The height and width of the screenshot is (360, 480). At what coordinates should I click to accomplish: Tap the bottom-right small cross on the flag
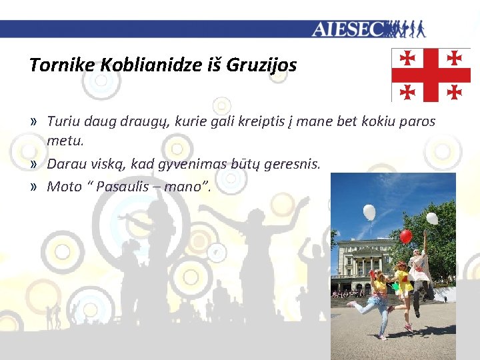tap(455, 91)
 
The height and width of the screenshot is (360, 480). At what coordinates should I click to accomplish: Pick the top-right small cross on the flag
tap(455, 58)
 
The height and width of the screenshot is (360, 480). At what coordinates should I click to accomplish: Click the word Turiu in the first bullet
tap(63, 121)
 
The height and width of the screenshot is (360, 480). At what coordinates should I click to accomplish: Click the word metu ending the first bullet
tap(63, 141)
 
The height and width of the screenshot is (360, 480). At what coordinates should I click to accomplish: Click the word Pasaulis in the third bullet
tap(127, 186)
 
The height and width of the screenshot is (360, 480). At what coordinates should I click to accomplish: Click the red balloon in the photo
tap(405, 236)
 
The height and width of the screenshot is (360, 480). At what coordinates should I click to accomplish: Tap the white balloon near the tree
tap(432, 218)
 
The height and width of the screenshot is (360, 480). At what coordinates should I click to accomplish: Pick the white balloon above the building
tap(369, 213)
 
